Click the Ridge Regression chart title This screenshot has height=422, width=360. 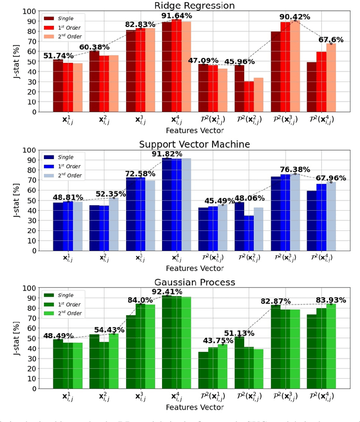point(194,6)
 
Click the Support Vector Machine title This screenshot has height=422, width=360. point(194,144)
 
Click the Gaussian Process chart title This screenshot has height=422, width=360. point(194,282)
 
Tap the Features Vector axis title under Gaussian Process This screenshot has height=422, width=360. point(194,407)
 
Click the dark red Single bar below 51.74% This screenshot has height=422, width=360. point(58,85)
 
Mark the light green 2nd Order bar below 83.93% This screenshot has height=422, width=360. point(332,346)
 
